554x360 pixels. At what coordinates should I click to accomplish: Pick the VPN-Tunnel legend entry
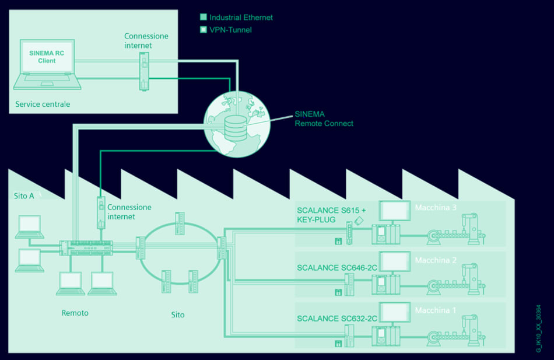230,30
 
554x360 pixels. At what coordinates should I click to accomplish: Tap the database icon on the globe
236,127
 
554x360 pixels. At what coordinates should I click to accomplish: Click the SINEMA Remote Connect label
324,119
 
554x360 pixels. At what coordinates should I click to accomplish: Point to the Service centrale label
43,104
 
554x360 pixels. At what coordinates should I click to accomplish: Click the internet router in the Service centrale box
143,71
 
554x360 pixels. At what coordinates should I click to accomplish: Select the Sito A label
24,196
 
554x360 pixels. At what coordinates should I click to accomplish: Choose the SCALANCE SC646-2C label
336,268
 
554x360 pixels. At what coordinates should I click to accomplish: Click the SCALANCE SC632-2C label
336,319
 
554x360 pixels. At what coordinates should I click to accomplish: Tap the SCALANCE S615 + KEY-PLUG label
331,215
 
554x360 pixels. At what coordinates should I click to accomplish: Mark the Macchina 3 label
436,208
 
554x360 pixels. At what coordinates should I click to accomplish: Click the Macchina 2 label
436,260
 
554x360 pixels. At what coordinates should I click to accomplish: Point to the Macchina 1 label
436,310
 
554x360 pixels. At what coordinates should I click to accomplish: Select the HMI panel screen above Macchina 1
395,311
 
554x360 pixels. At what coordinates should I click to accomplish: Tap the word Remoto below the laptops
75,313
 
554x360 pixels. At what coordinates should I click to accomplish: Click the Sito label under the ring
178,314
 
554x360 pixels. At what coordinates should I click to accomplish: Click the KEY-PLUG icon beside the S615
360,221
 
